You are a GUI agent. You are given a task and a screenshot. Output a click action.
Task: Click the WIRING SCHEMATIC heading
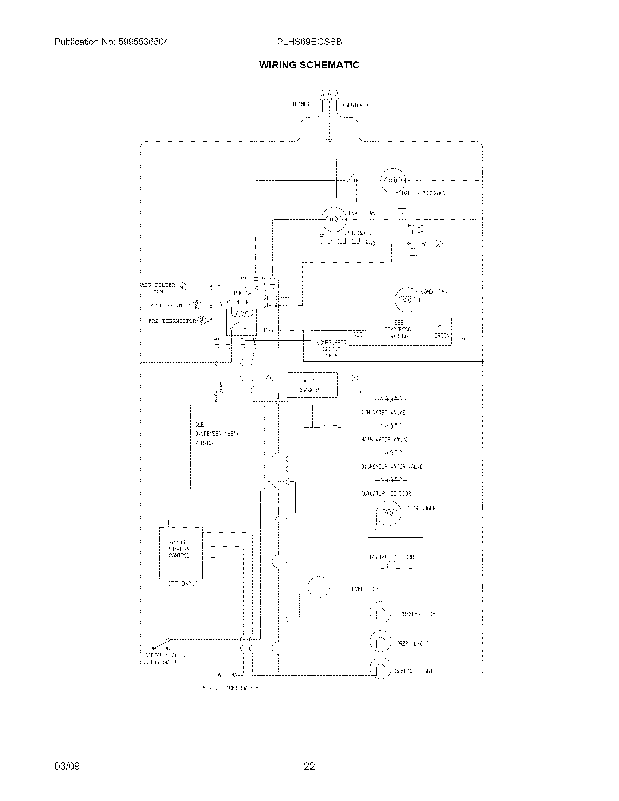(309, 65)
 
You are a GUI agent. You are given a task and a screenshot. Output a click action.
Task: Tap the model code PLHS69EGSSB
(309, 42)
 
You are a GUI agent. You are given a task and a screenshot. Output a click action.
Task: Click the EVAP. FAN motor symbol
(333, 219)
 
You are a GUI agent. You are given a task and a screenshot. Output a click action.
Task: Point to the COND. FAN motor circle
(407, 300)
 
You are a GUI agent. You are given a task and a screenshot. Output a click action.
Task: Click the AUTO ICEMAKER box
(312, 385)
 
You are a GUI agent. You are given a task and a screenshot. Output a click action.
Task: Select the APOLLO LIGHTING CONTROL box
(181, 552)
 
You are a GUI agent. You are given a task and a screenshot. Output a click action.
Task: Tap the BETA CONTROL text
(243, 298)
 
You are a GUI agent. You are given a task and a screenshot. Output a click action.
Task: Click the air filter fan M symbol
(181, 287)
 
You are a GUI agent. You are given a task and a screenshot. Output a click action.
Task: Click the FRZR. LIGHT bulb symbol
(381, 641)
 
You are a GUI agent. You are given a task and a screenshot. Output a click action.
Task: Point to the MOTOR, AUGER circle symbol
(389, 513)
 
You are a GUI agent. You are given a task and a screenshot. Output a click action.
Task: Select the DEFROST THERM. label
(416, 229)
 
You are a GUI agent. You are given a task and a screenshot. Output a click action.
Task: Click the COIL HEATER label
(359, 233)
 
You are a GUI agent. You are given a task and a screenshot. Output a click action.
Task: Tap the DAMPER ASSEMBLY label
(423, 193)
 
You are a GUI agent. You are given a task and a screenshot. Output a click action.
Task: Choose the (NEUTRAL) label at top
(355, 105)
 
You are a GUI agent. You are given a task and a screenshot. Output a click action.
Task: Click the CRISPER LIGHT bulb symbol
(381, 612)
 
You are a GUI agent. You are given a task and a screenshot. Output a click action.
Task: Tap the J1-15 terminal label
(269, 331)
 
